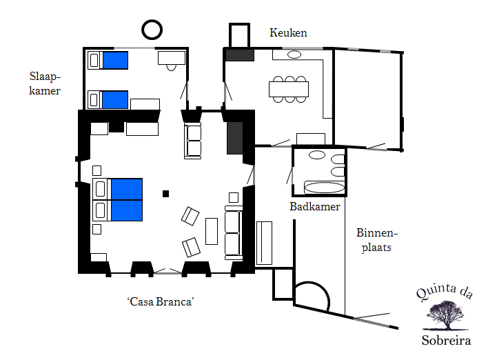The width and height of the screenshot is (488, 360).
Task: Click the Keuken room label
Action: (x=288, y=32)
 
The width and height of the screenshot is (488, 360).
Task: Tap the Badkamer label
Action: (x=315, y=206)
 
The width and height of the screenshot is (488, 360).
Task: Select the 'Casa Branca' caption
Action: (x=161, y=301)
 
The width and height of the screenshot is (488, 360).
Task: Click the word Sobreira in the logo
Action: (x=446, y=340)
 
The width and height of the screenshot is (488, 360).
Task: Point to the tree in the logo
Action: (x=445, y=315)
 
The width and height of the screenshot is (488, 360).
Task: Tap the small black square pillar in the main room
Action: (x=166, y=194)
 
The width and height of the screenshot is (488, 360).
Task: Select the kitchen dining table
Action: (x=289, y=89)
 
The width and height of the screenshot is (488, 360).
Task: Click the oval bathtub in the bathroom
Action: (x=324, y=188)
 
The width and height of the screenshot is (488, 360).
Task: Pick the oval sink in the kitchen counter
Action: (x=294, y=54)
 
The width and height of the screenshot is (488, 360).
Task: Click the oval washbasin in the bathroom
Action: (x=317, y=154)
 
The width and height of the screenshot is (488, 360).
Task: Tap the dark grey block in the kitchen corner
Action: (x=240, y=55)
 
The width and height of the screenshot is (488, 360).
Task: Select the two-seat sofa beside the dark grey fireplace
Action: (x=192, y=141)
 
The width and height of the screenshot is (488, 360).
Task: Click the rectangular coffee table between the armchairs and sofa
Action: (x=212, y=231)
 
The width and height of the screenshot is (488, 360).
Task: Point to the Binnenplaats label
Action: (x=377, y=240)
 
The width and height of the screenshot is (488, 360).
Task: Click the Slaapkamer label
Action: (x=45, y=83)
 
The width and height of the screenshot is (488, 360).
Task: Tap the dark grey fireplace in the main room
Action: (x=234, y=138)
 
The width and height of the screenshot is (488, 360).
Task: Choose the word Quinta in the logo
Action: (x=436, y=292)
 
